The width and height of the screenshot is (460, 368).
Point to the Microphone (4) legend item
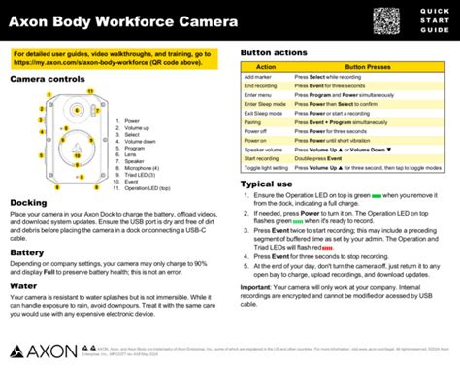138,167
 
